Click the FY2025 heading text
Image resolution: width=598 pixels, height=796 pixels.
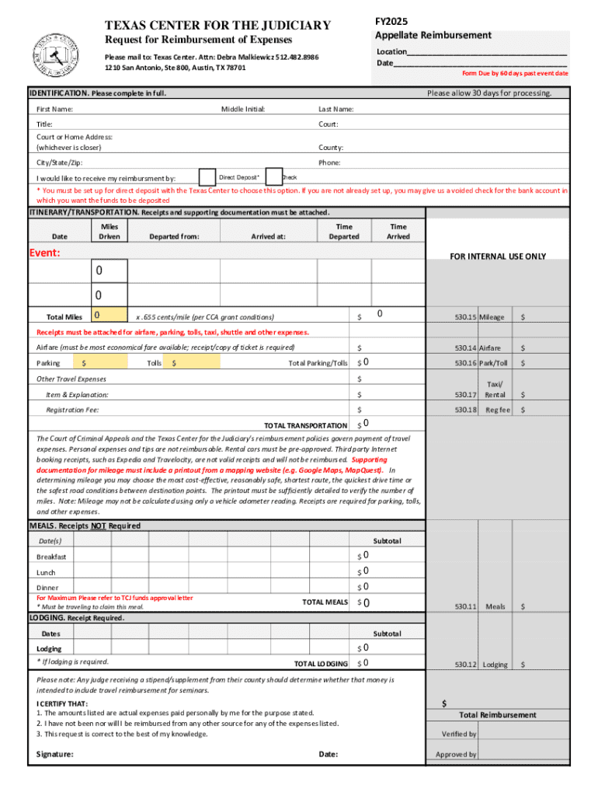(x=392, y=21)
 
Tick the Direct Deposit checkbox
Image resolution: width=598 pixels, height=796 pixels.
(x=207, y=177)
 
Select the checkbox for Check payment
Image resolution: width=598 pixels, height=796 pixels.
(x=274, y=177)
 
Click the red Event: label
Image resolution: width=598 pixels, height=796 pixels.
(x=45, y=253)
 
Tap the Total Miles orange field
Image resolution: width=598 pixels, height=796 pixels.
(x=107, y=316)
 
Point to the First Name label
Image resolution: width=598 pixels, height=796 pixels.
(x=55, y=109)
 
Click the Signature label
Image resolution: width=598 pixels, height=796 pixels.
(x=55, y=754)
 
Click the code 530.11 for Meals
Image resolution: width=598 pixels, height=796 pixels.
(x=466, y=606)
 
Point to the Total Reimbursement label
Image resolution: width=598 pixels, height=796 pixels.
(x=497, y=715)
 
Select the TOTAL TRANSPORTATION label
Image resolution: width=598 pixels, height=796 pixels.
(x=305, y=426)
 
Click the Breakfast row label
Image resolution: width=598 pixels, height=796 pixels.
(x=51, y=557)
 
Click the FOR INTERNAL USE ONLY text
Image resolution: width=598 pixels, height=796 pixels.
(x=498, y=257)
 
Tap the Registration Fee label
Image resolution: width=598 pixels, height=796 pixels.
(x=72, y=410)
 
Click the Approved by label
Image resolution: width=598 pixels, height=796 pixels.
(x=456, y=754)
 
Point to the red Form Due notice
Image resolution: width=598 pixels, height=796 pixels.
(x=515, y=73)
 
